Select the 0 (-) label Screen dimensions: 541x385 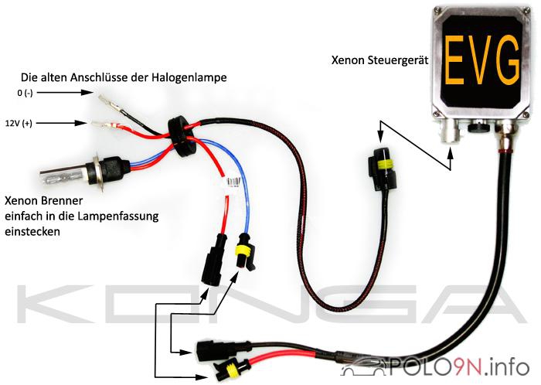pyautogui.click(x=25, y=93)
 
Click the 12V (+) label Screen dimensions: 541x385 pyautogui.click(x=19, y=123)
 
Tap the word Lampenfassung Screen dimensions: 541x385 pyautogui.click(x=118, y=216)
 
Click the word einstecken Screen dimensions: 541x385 pyautogui.click(x=32, y=231)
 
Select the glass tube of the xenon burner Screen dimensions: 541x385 pyautogui.click(x=64, y=175)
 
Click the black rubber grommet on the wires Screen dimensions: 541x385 pyautogui.click(x=182, y=137)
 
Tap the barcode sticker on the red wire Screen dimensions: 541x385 pyautogui.click(x=233, y=182)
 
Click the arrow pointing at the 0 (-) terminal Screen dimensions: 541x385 pyautogui.click(x=65, y=93)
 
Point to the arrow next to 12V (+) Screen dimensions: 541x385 pyautogui.click(x=61, y=123)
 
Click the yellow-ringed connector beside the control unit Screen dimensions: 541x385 pyautogui.click(x=383, y=169)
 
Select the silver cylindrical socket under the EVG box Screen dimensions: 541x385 pyautogui.click(x=451, y=132)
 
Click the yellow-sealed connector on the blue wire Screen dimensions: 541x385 pyautogui.click(x=245, y=251)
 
